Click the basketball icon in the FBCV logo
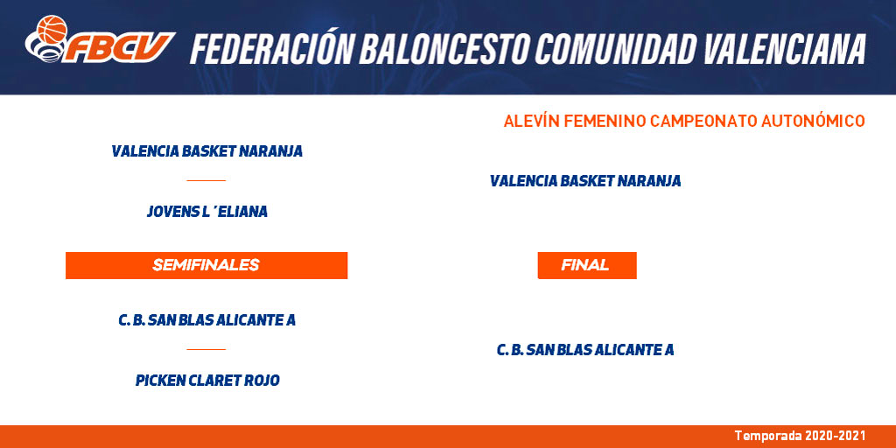point(52,30)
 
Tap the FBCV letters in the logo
point(118,47)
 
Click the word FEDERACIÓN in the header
point(270,49)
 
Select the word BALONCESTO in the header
point(443,49)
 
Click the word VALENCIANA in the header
point(785,49)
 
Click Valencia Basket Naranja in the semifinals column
point(206,151)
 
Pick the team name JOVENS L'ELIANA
point(206,212)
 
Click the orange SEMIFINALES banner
point(206,266)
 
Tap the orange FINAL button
point(587,266)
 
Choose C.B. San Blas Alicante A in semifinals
point(206,320)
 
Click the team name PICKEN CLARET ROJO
point(207,381)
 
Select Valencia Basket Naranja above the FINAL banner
point(585,181)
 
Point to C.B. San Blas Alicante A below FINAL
point(585,350)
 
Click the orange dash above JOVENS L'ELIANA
point(206,180)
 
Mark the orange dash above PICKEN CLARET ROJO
point(206,349)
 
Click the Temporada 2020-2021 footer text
point(800,436)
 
